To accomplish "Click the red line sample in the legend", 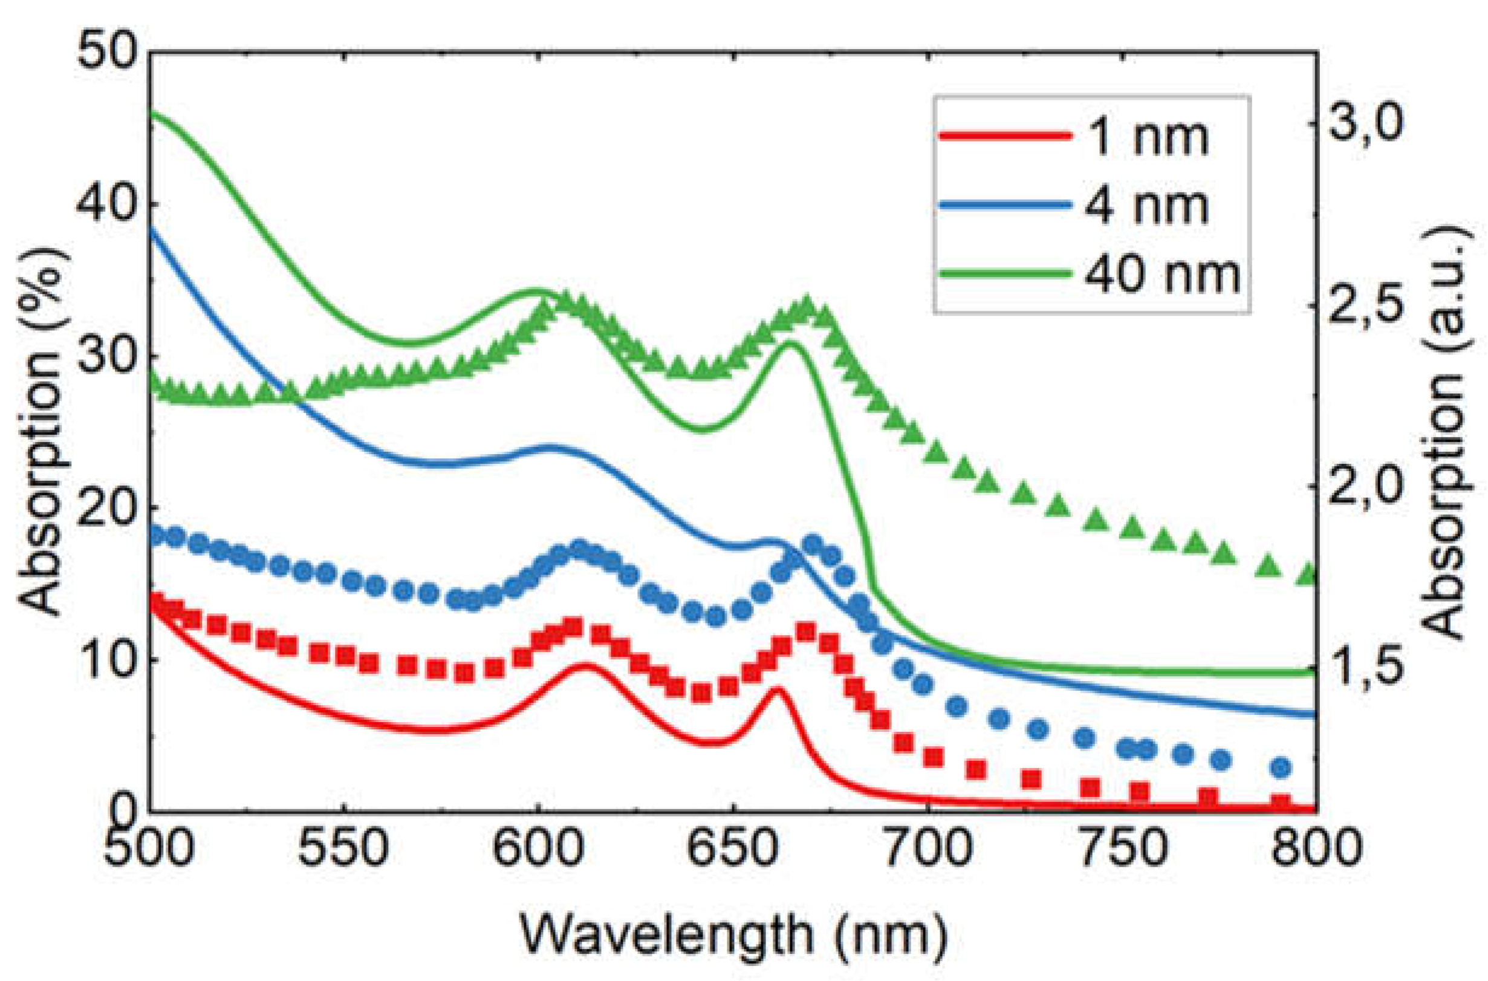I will tap(1004, 137).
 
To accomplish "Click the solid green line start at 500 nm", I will tap(152, 113).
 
